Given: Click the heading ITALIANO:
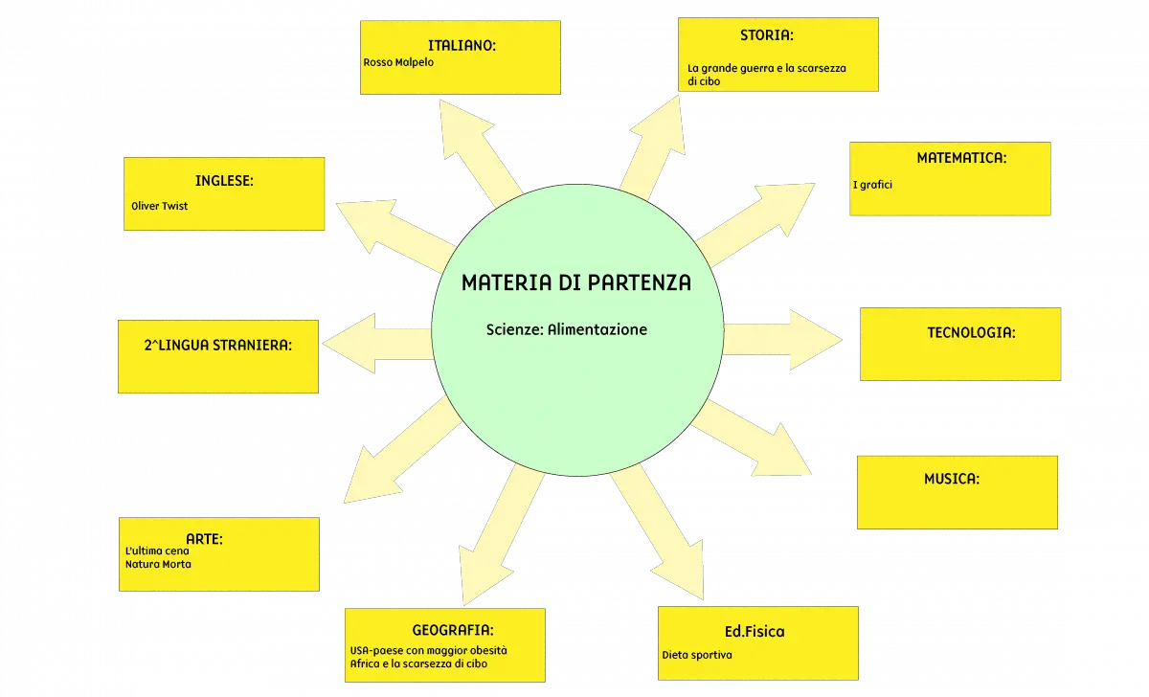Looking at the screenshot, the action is pyautogui.click(x=462, y=46).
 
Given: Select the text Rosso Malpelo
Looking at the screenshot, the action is pyautogui.click(x=398, y=62).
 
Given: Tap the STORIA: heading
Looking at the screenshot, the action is pyautogui.click(x=766, y=35).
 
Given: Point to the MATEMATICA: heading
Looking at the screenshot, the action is pyautogui.click(x=961, y=158).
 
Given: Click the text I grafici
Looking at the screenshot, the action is pyautogui.click(x=872, y=185).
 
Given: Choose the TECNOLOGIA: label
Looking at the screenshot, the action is pyautogui.click(x=971, y=333).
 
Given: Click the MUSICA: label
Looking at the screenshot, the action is pyautogui.click(x=952, y=479).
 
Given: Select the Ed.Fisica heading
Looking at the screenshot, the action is pyautogui.click(x=755, y=631).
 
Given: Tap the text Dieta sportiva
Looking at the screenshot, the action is pyautogui.click(x=697, y=655).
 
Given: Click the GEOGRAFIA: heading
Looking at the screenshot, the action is pyautogui.click(x=452, y=630).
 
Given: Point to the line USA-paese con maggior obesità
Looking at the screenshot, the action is pyautogui.click(x=428, y=650).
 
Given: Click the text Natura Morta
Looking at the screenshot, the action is pyautogui.click(x=158, y=564).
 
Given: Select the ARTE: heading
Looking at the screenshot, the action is pyautogui.click(x=204, y=539).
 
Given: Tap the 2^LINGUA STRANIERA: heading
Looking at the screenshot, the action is pyautogui.click(x=218, y=346).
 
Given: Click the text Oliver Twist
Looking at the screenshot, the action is pyautogui.click(x=159, y=206).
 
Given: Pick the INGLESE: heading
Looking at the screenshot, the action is pyautogui.click(x=224, y=181).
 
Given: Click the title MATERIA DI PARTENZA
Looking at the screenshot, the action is pyautogui.click(x=576, y=282).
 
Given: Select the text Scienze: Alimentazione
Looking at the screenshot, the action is pyautogui.click(x=566, y=329).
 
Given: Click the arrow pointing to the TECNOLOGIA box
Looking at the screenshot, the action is pyautogui.click(x=783, y=340).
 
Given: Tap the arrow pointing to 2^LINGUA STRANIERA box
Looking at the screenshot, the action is pyautogui.click(x=377, y=344).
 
